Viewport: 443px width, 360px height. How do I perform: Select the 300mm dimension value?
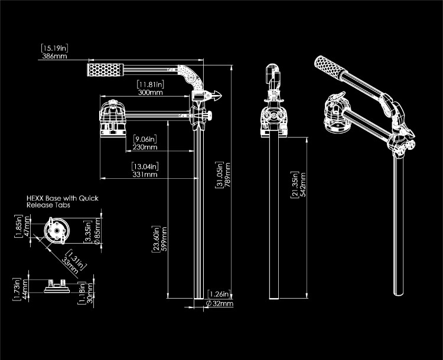tap(149, 93)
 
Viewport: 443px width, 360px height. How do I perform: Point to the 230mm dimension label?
tap(145, 147)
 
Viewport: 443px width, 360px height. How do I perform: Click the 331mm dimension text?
tap(145, 174)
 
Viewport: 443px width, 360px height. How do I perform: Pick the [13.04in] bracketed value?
tap(145, 166)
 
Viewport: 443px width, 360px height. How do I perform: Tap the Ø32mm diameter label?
tap(220, 304)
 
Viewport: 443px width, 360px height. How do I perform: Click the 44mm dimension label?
tap(26, 290)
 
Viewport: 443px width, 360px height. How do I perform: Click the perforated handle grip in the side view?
tap(104, 70)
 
